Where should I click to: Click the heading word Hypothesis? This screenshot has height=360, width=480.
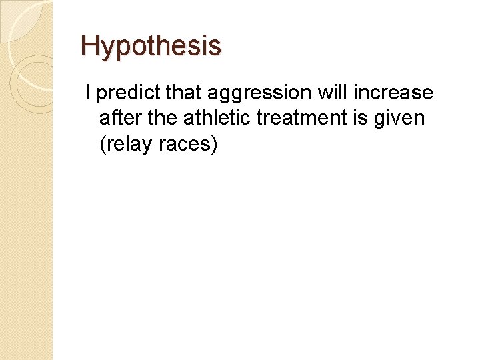151,46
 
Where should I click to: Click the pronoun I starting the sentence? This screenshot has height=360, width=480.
87,93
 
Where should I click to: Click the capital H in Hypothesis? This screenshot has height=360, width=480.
89,46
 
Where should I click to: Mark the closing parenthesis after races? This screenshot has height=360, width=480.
214,144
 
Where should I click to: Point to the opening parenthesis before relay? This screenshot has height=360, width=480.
102,144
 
